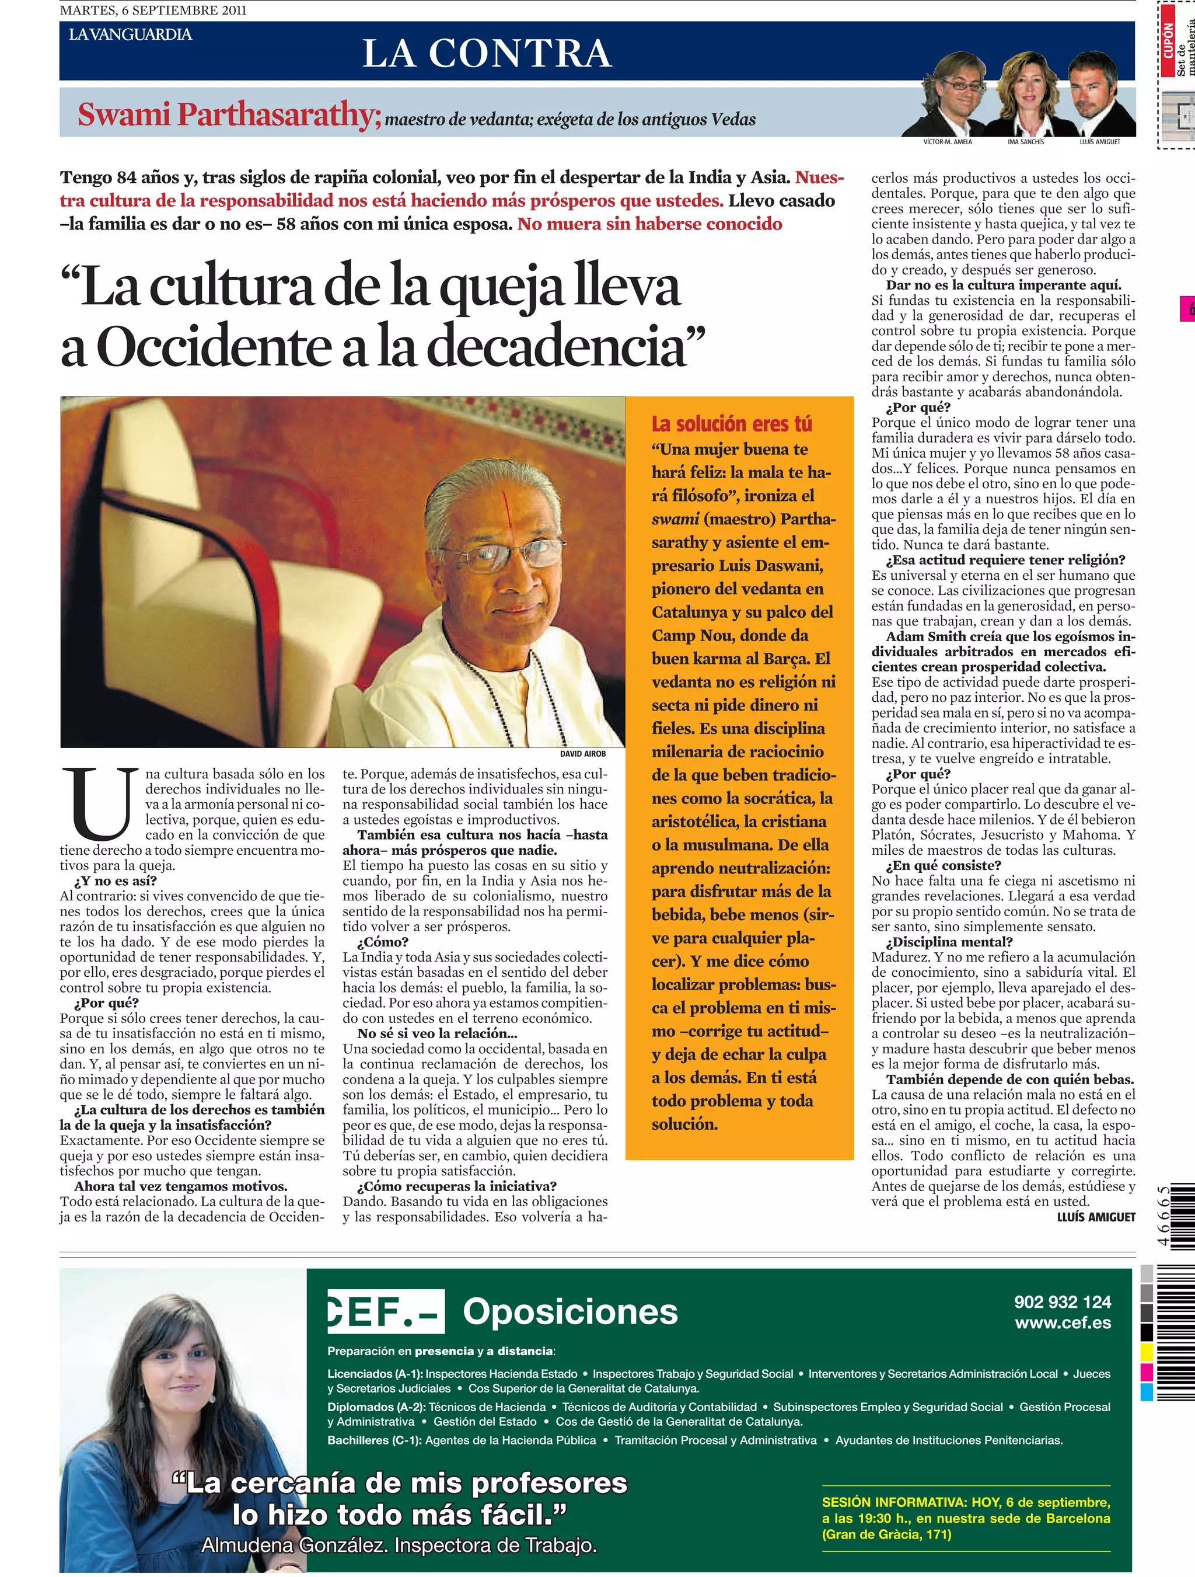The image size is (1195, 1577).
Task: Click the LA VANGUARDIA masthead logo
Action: click(x=130, y=34)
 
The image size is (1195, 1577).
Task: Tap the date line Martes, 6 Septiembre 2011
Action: click(x=153, y=10)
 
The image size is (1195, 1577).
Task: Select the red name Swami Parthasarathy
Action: click(x=229, y=115)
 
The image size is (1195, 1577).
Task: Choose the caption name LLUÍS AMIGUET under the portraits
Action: click(x=1099, y=142)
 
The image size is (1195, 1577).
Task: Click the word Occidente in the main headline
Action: click(x=213, y=347)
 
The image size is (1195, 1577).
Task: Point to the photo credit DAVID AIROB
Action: click(x=582, y=754)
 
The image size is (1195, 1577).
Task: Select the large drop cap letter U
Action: click(x=100, y=803)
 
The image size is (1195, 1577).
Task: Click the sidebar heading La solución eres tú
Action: click(x=731, y=424)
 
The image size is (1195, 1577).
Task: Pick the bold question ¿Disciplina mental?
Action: click(x=948, y=942)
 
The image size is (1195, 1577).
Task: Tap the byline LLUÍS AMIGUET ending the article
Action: click(x=1095, y=1217)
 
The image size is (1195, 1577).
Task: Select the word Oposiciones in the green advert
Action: click(x=570, y=1312)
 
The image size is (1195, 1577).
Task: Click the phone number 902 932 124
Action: click(x=1062, y=1302)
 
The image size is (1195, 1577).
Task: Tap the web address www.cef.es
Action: click(x=1063, y=1323)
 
